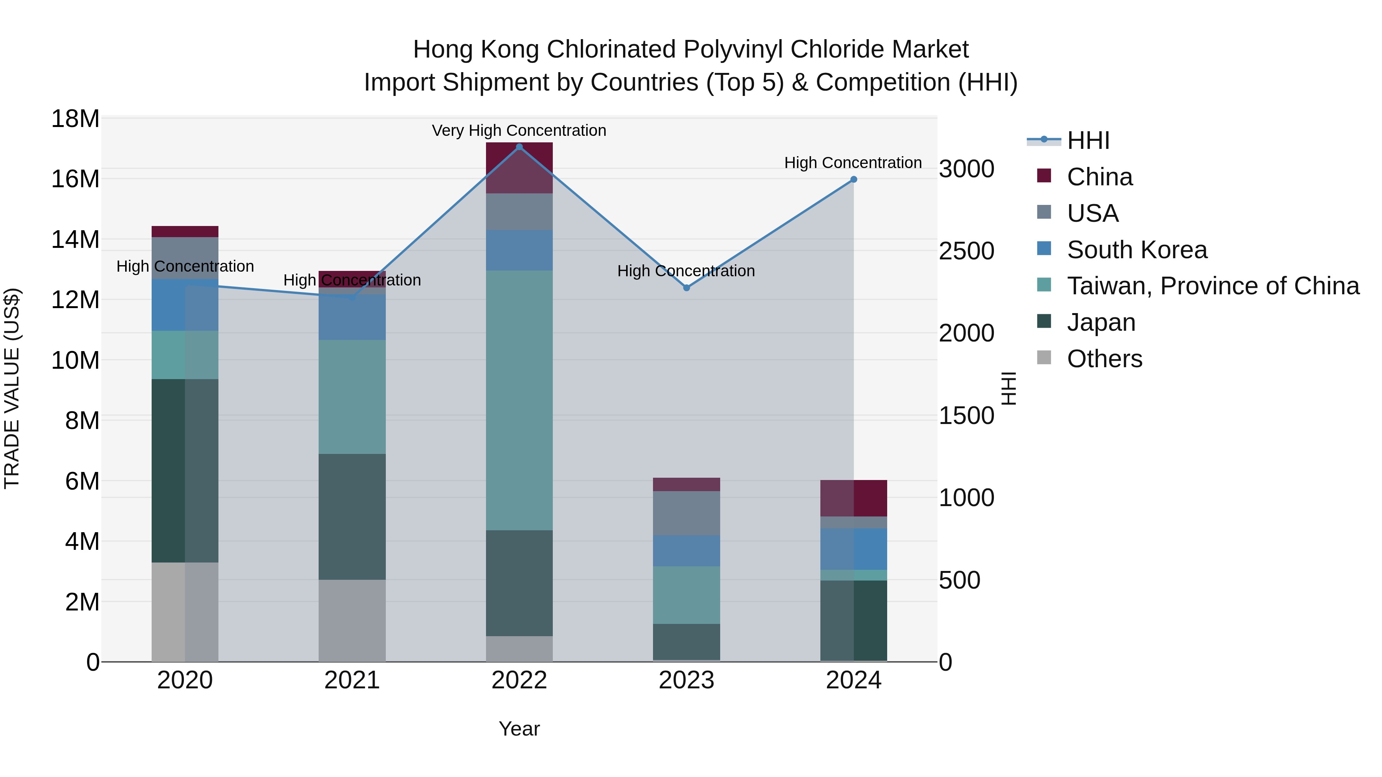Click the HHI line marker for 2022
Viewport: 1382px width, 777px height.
pos(519,147)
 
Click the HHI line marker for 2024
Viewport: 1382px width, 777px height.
pos(853,180)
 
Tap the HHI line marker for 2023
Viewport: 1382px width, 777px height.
pos(686,288)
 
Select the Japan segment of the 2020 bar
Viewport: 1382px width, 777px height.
pos(185,470)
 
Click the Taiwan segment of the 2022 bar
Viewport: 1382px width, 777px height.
pos(519,400)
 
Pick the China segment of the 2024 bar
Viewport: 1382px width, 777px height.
pos(853,498)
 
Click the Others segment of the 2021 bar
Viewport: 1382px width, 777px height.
pos(352,620)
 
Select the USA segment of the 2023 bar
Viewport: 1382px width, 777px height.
pos(686,513)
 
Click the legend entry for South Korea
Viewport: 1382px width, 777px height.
pos(1136,250)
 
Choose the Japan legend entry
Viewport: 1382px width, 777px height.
pos(1101,322)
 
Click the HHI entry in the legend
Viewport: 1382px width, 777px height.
pos(1088,140)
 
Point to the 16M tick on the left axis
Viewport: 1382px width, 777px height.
pos(75,178)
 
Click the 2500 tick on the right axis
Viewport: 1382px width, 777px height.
pos(966,251)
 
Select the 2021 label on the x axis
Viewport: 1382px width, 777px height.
pos(352,680)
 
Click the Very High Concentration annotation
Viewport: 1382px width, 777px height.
pos(519,130)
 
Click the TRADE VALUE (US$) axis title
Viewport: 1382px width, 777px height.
pos(12,388)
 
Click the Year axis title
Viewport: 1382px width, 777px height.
pos(519,729)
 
